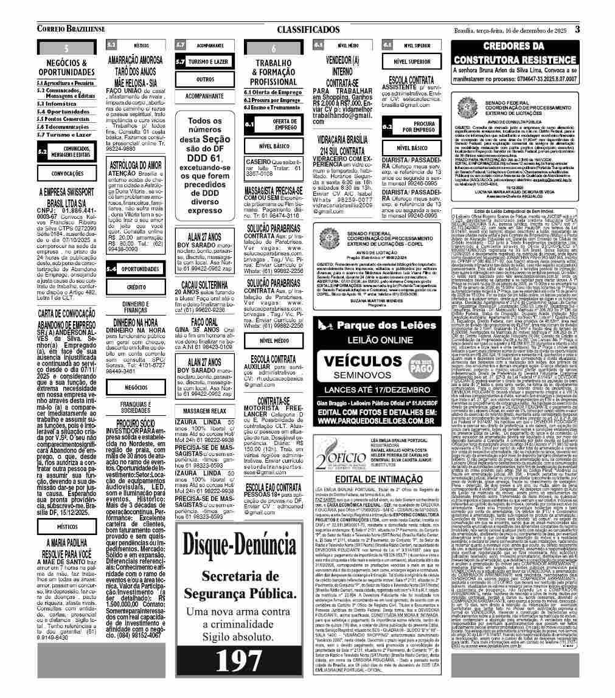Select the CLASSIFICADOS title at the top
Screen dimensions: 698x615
pos(308,29)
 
